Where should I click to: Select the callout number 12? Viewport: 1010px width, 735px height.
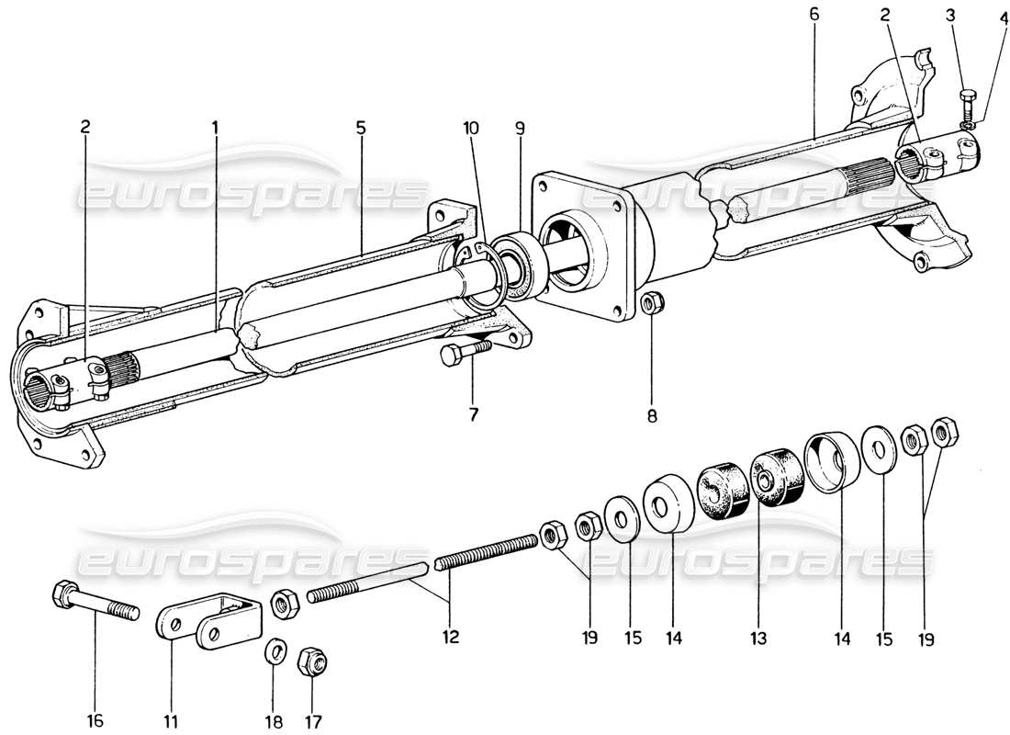(x=449, y=635)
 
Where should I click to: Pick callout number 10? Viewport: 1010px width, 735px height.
(x=470, y=129)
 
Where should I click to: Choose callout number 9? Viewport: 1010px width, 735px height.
(x=520, y=129)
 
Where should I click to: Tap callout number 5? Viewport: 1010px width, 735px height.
(x=361, y=128)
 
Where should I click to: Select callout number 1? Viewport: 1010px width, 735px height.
(x=216, y=128)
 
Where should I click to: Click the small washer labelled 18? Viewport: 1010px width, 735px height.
(x=275, y=652)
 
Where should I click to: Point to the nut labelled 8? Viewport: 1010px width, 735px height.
(x=651, y=300)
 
